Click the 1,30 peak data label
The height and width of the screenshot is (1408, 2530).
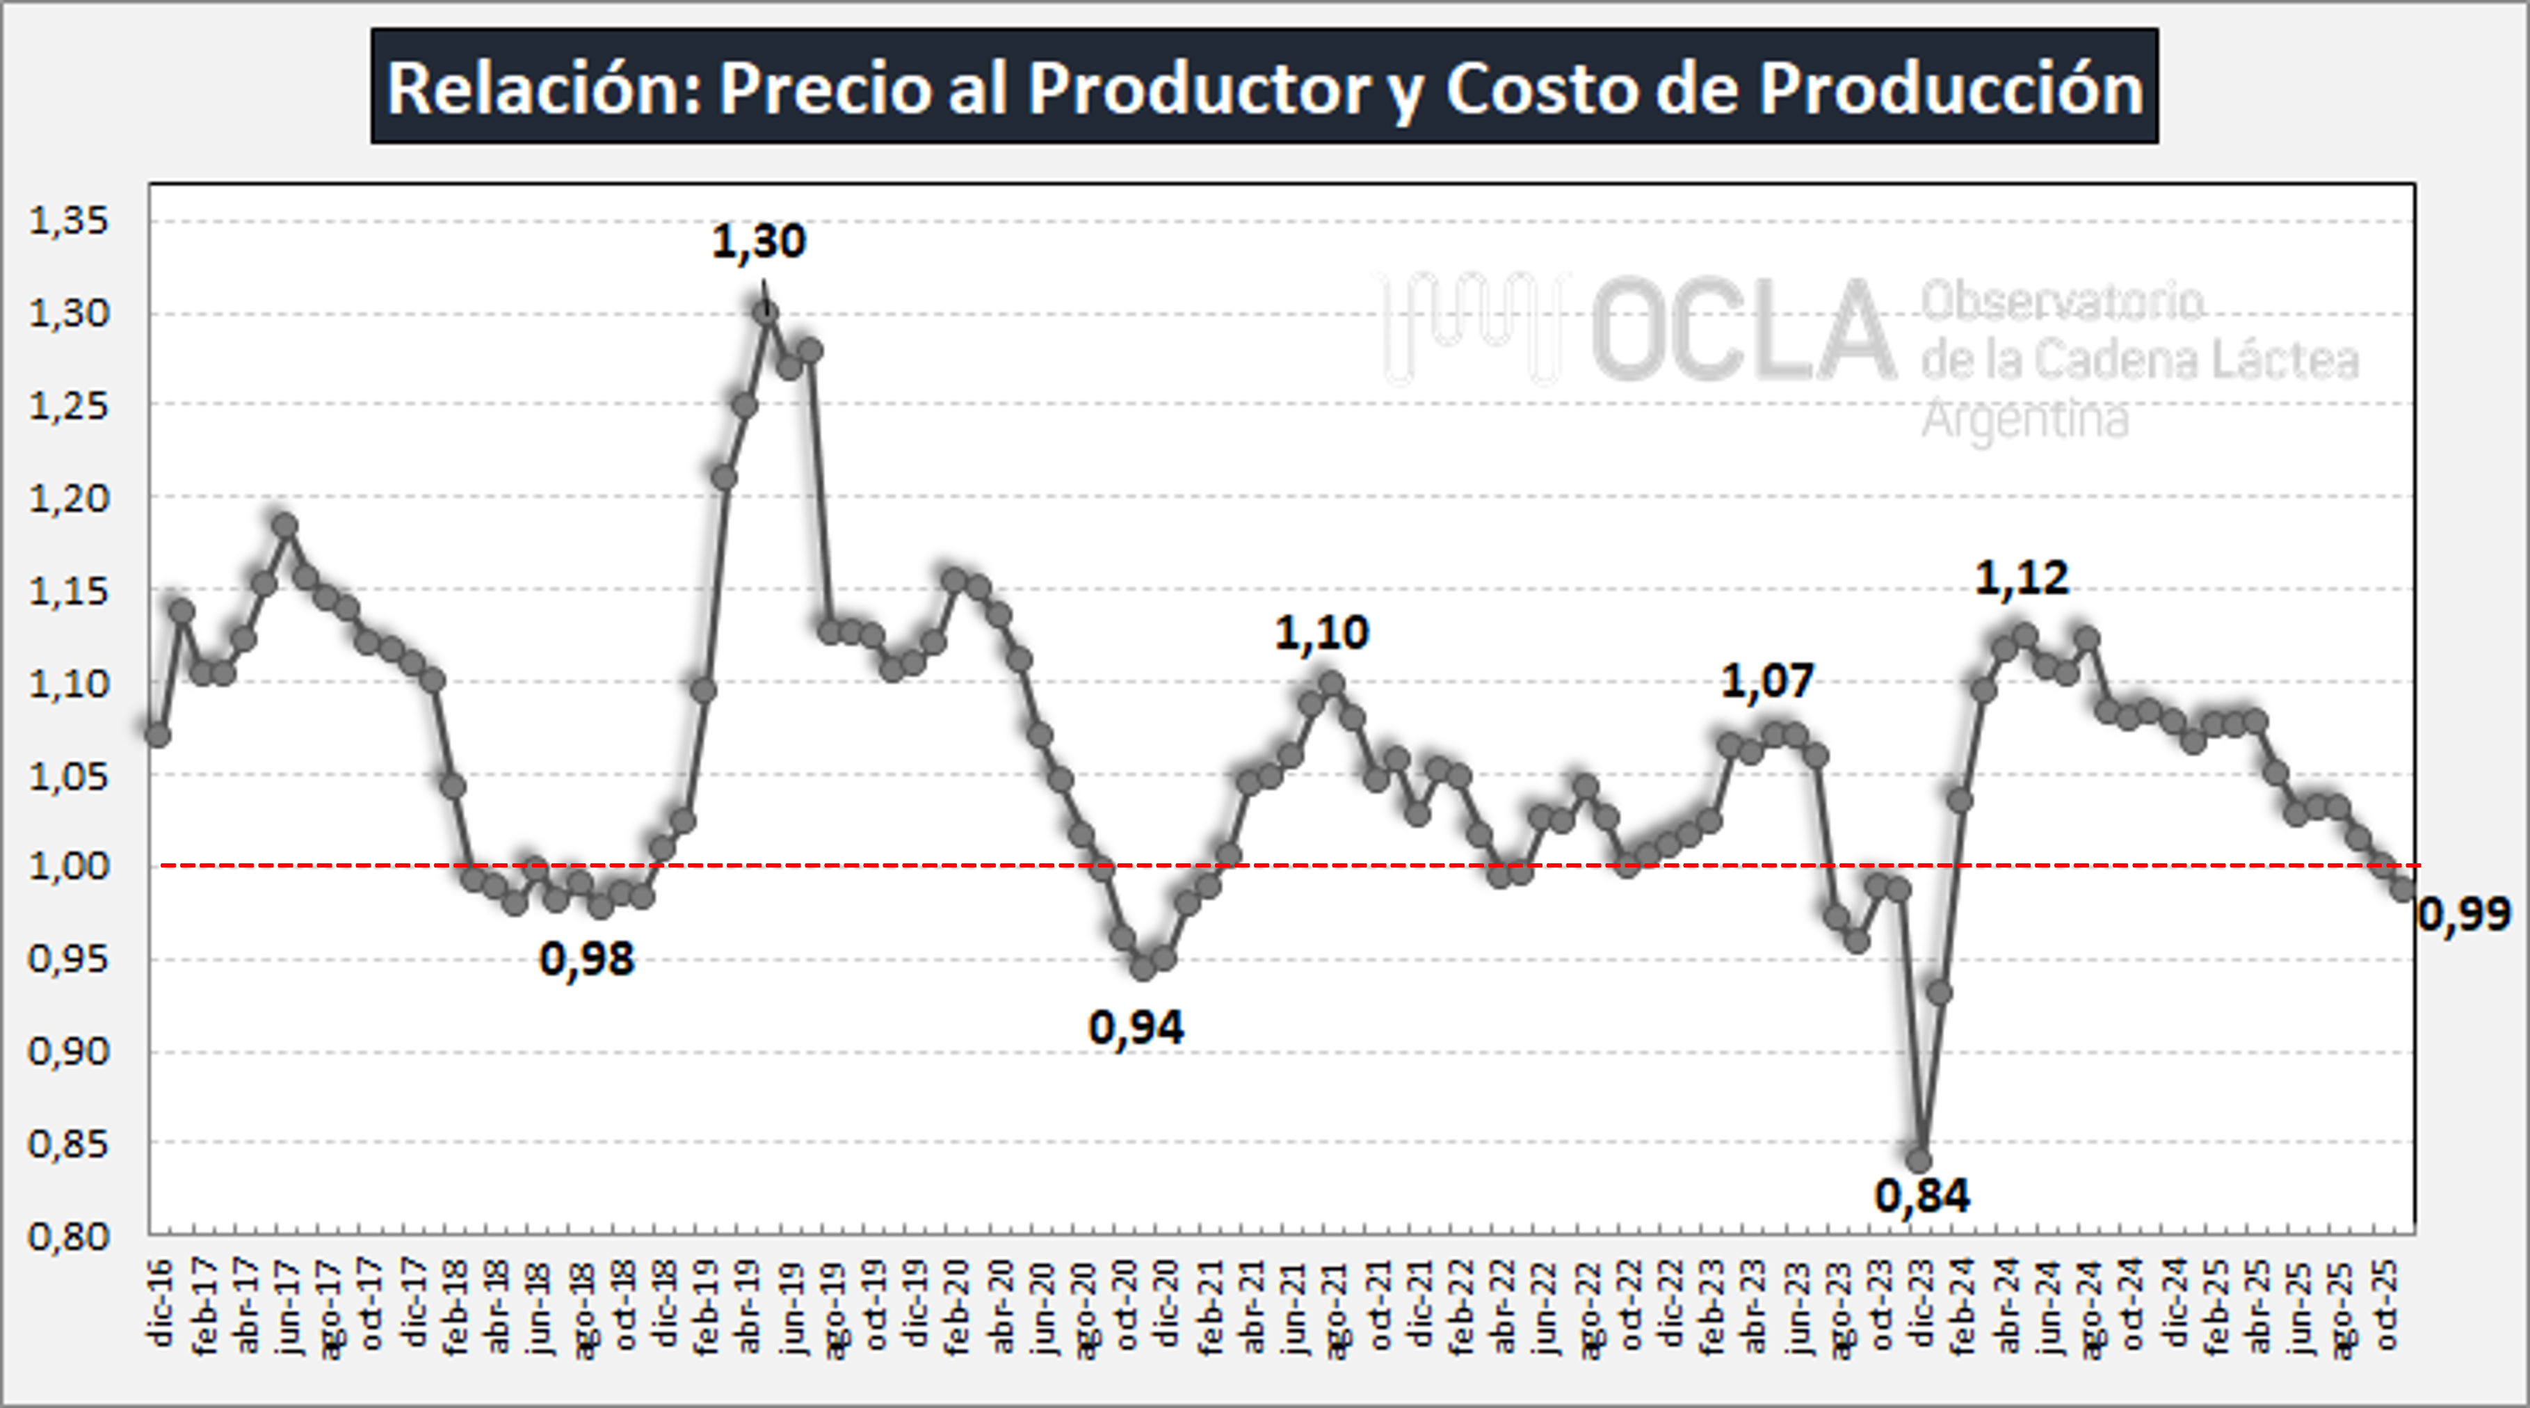tap(758, 241)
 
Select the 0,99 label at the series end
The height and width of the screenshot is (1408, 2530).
tap(2463, 915)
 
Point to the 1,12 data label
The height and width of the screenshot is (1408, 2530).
tap(2021, 578)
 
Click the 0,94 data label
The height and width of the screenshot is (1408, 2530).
tap(1136, 1027)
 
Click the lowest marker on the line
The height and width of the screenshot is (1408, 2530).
tap(1919, 1160)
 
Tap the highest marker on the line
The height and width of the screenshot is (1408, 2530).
tap(766, 312)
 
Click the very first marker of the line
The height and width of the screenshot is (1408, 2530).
tap(158, 734)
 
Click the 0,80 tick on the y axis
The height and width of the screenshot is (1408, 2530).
tap(69, 1236)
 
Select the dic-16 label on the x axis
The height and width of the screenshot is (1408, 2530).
tap(160, 1302)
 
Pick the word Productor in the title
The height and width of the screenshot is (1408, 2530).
tap(1198, 88)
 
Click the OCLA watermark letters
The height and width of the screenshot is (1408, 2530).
tap(1743, 331)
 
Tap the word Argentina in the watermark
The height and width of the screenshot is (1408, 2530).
tap(2025, 419)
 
